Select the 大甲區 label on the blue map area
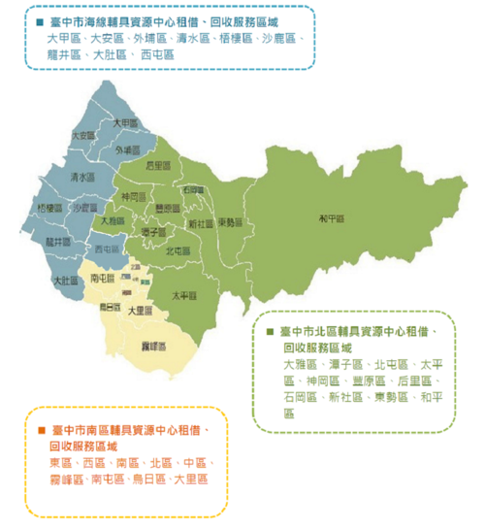[124, 123]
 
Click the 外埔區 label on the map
[127, 149]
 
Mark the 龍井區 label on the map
[59, 241]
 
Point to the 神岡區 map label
[131, 197]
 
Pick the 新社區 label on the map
[201, 223]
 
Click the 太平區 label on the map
[183, 295]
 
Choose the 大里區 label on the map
[142, 311]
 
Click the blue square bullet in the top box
[39, 21]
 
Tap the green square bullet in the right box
[268, 331]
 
